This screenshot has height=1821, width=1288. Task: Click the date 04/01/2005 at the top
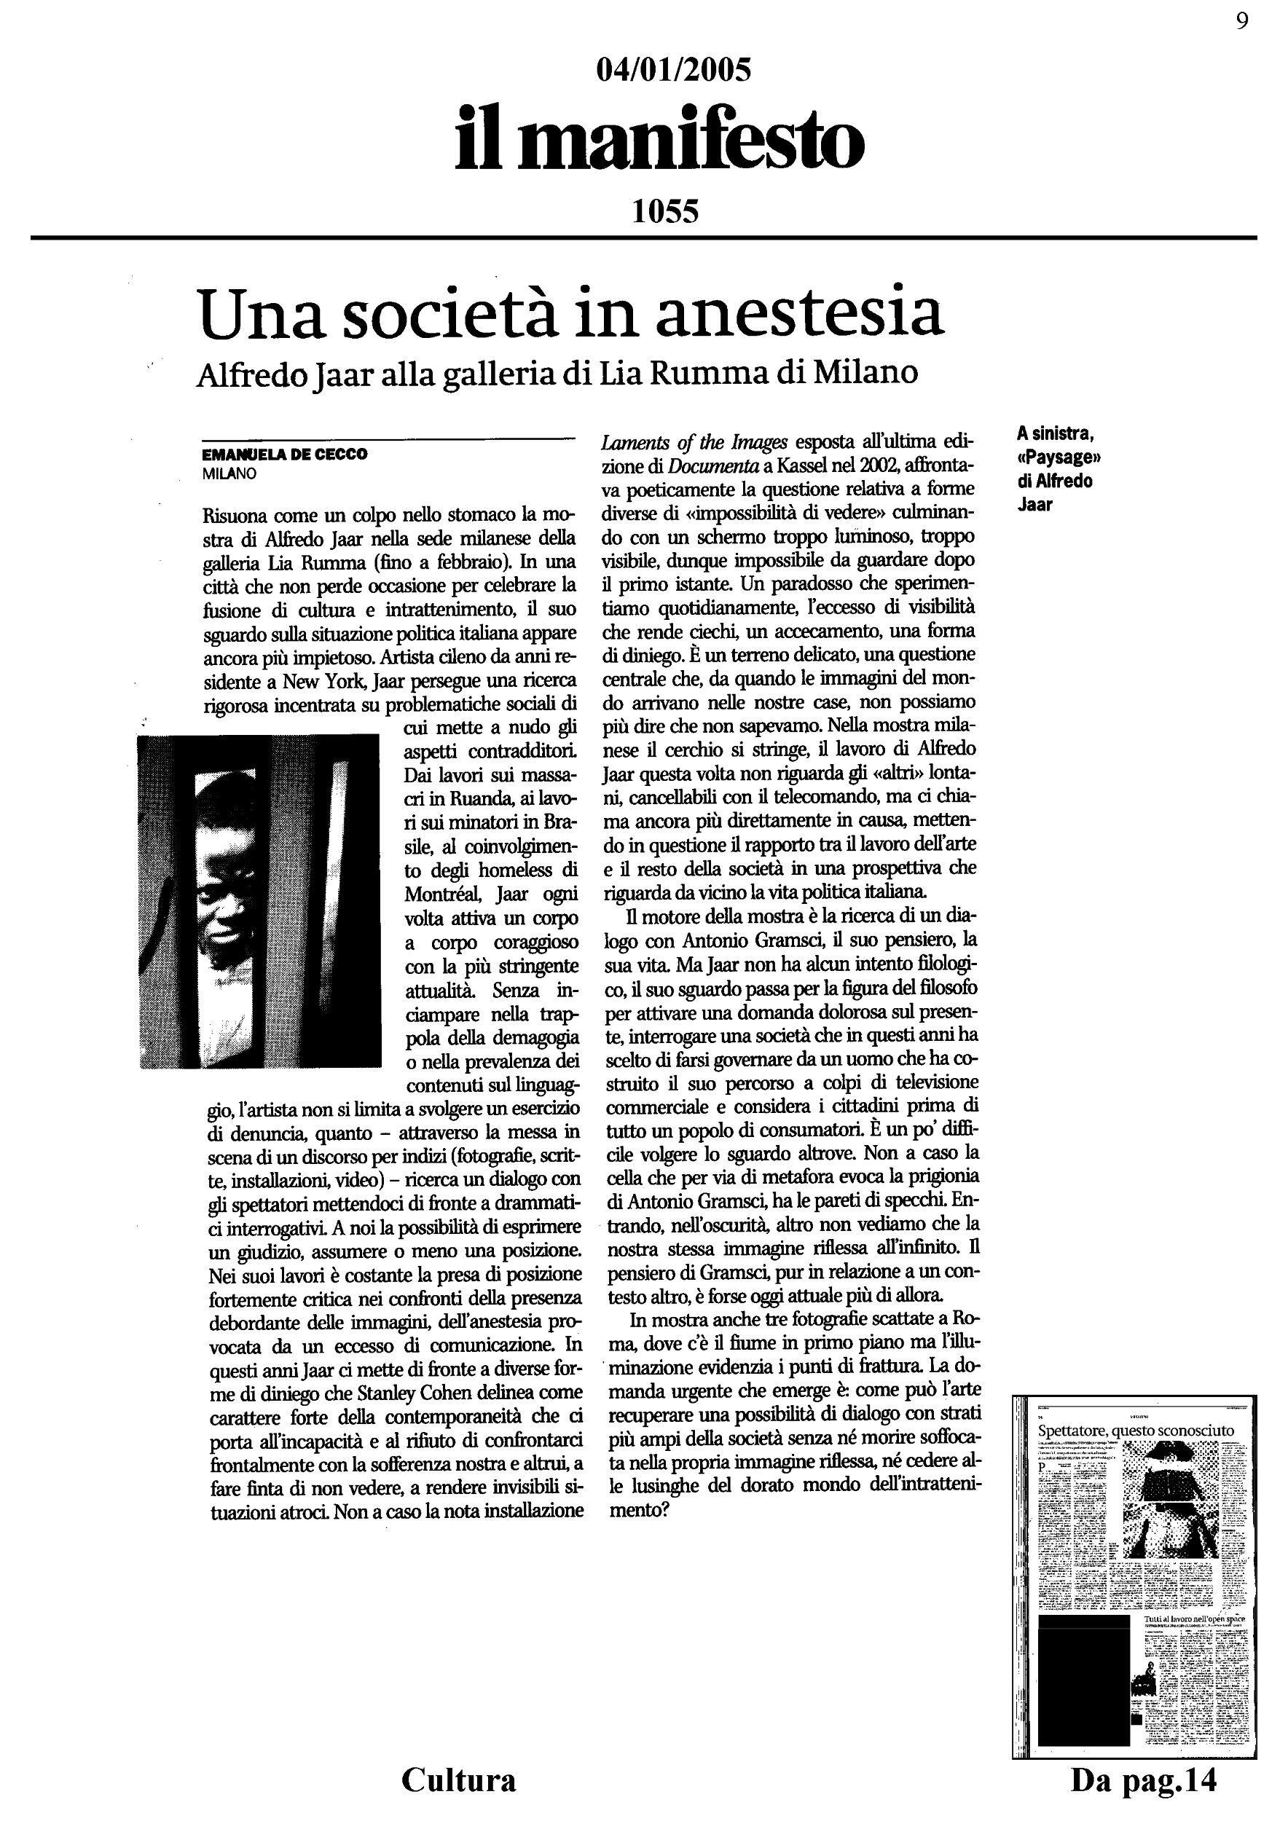click(x=672, y=71)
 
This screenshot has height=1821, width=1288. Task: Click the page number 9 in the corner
click(x=1242, y=21)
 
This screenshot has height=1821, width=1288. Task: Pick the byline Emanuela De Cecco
click(x=286, y=455)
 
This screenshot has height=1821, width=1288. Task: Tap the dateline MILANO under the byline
click(x=230, y=474)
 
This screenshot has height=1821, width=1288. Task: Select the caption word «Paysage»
click(x=1059, y=457)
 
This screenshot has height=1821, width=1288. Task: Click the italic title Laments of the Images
click(x=695, y=441)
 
